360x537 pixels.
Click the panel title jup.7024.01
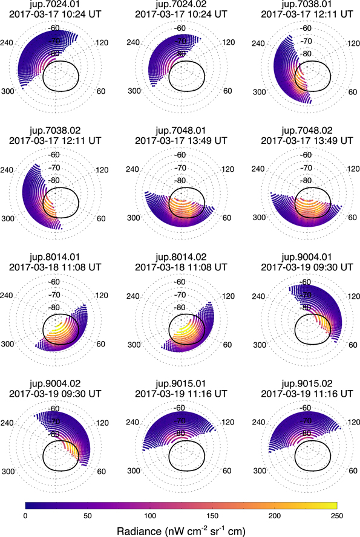[59, 5]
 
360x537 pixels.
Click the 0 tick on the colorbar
[25, 514]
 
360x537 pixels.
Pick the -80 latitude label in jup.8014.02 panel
[180, 307]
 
